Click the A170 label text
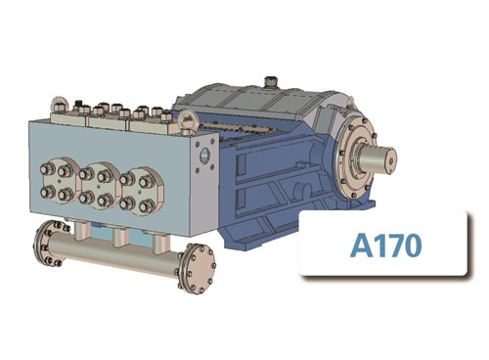pyautogui.click(x=385, y=245)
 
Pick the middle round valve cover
pyautogui.click(x=98, y=187)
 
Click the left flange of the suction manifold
pyautogui.click(x=49, y=244)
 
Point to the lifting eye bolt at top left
pyautogui.click(x=58, y=105)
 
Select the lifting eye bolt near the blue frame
pyautogui.click(x=186, y=122)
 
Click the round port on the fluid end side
pyautogui.click(x=204, y=155)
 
